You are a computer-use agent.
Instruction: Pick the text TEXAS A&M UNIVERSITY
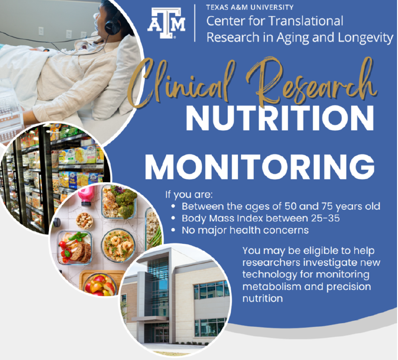coord(250,7)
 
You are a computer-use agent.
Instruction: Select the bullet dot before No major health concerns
coord(174,231)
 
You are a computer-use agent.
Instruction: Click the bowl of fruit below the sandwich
coord(99,283)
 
